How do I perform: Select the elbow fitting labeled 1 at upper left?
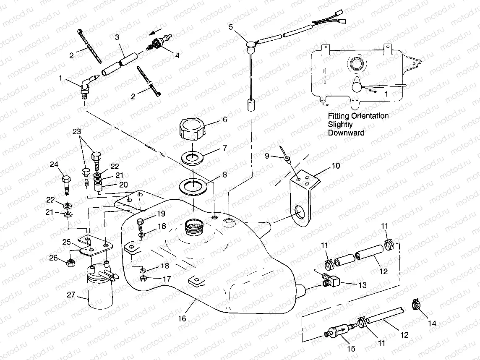click(86, 86)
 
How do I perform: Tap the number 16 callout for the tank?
click(181, 319)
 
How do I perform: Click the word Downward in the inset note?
click(346, 133)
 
